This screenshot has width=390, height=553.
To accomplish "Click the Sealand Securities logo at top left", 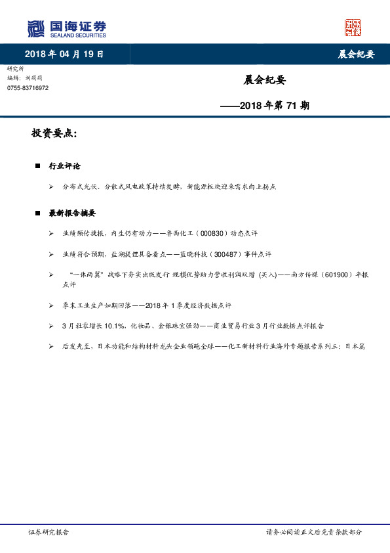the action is click(66, 28).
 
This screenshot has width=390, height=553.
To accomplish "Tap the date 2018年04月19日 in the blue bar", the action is click(64, 54).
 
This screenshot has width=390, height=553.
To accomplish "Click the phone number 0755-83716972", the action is click(28, 88).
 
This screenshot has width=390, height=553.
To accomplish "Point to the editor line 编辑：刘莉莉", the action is click(23, 78).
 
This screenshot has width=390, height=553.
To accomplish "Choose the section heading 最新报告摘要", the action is click(73, 213).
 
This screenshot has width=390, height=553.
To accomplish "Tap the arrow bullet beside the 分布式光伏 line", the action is click(51, 187).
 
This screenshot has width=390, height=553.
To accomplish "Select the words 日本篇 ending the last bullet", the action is click(355, 345).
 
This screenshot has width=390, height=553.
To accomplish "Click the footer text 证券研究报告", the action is click(49, 532).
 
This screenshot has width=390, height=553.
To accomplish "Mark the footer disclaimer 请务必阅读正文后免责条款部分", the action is click(313, 532).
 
